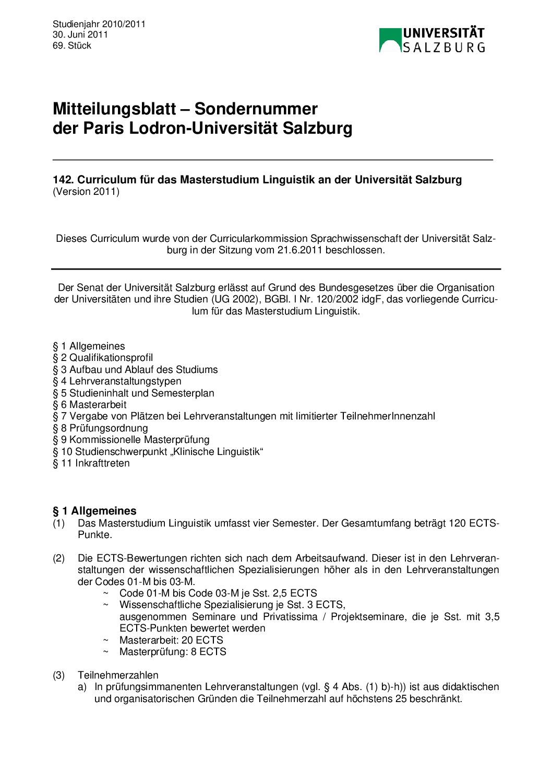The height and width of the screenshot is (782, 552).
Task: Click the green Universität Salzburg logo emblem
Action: pos(390,40)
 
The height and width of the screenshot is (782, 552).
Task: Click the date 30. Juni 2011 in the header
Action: pos(80,34)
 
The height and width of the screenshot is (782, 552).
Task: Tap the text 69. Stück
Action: pos(71,45)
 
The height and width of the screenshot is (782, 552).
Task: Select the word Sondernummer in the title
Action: pos(256,109)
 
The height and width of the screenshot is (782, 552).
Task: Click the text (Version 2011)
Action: pos(86,191)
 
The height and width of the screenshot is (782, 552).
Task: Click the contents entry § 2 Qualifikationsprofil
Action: pos(103,357)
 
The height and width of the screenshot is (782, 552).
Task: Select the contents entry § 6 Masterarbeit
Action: pos(89,404)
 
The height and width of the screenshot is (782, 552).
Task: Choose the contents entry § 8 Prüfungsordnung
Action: pos(100,428)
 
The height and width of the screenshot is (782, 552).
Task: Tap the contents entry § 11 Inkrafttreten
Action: pos(91,463)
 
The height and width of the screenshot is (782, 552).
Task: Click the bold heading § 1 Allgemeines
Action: pos(94,511)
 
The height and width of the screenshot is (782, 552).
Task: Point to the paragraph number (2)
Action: pos(58,558)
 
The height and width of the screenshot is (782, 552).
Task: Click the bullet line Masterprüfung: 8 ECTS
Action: pos(173,651)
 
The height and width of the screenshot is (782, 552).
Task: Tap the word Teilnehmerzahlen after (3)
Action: pos(118,675)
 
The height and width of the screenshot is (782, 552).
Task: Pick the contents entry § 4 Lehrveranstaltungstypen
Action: pos(117,381)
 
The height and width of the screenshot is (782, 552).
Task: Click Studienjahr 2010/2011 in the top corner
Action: pos(99,24)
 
